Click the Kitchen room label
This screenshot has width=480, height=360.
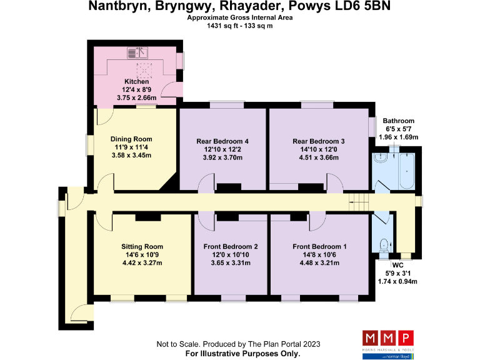click(136, 82)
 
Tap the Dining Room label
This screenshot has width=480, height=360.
click(131, 139)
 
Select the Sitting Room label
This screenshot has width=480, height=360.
click(142, 246)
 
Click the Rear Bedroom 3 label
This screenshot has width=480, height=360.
click(318, 141)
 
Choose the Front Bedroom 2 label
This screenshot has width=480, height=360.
click(231, 246)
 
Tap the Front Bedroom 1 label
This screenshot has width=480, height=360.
click(319, 246)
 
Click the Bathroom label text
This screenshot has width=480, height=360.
click(399, 121)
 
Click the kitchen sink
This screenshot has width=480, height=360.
click(136, 52)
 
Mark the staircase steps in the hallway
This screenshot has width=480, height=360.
click(358, 201)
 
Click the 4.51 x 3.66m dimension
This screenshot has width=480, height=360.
click(318, 158)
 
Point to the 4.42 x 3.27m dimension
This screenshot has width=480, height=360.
click(142, 263)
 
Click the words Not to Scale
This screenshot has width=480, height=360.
click(177, 344)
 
